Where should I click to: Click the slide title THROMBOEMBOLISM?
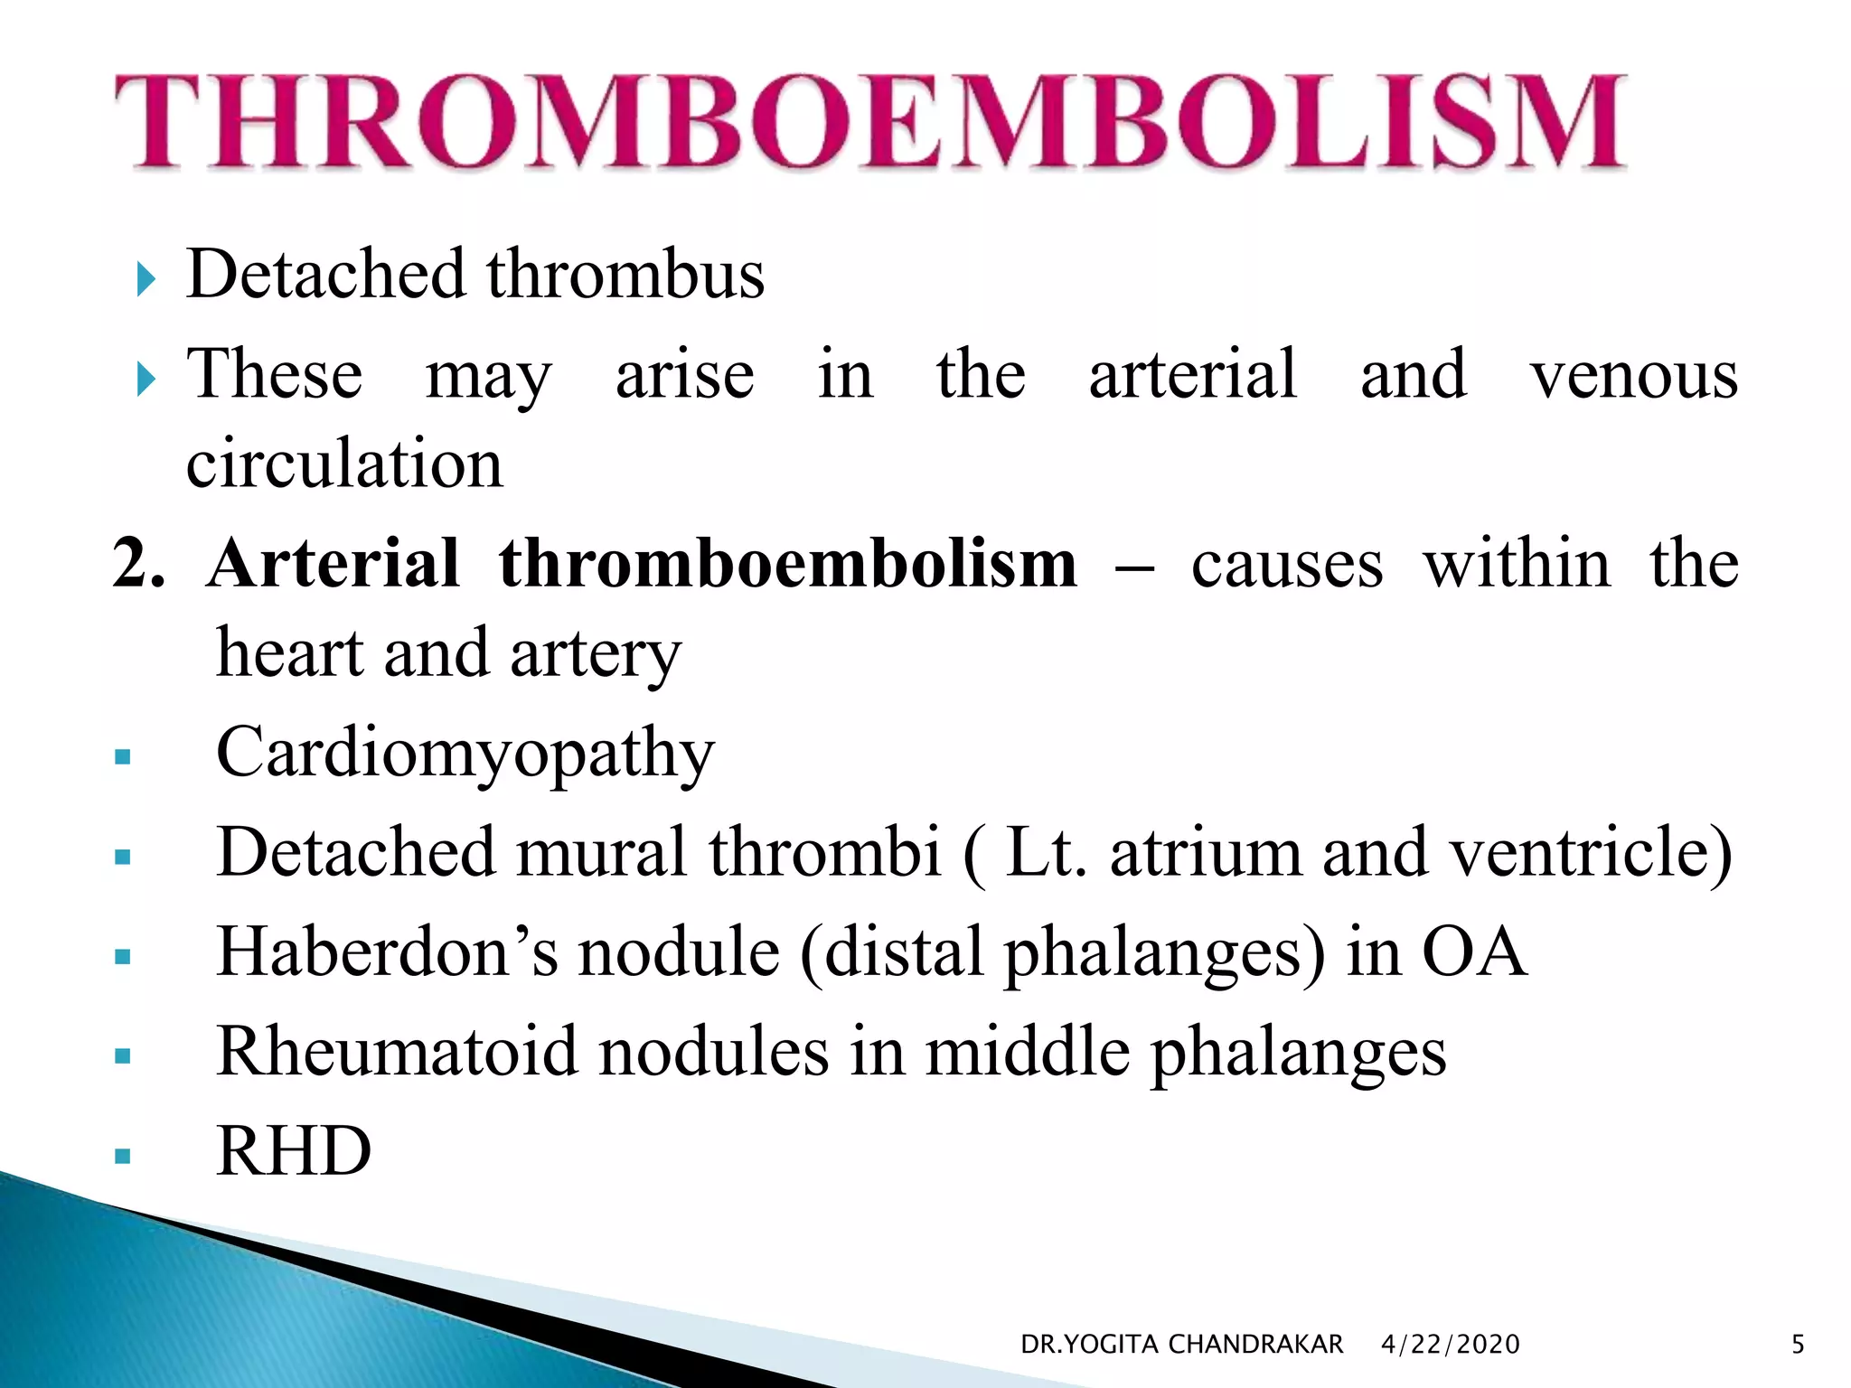[869, 122]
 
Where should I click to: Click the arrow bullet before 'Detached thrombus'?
[146, 280]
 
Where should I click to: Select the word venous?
[1633, 375]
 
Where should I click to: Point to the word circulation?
[344, 464]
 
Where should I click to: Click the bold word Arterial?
[334, 563]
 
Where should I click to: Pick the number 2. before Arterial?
[138, 563]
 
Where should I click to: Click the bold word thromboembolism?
[788, 563]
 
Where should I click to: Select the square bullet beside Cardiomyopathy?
[124, 757]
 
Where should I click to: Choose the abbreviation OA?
[1474, 952]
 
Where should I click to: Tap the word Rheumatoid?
[397, 1052]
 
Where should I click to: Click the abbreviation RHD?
[294, 1151]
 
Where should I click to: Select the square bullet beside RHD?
[124, 1156]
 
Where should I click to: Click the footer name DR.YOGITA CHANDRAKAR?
[1181, 1345]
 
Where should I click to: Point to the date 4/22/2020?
[1450, 1345]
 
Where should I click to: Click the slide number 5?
[1798, 1345]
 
